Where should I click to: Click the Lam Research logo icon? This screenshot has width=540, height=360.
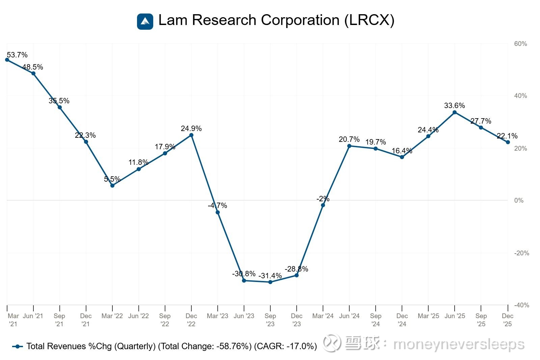pos(145,21)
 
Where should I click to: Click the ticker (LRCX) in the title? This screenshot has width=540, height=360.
pos(369,20)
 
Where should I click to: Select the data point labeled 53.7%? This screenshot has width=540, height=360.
pos(7,60)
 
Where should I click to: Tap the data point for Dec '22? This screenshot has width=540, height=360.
pos(191,135)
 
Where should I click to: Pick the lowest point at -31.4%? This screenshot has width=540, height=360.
pos(270,282)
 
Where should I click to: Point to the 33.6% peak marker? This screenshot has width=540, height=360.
pos(455,112)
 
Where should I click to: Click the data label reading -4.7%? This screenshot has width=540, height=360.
pos(217,205)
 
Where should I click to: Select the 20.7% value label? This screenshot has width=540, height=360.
pos(349,139)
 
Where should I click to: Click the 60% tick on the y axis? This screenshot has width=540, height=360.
pos(520,44)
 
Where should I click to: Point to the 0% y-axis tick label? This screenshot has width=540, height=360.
pos(519,201)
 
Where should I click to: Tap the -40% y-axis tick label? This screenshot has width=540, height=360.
pos(521,305)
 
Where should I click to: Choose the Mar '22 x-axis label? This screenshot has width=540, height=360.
pos(112,316)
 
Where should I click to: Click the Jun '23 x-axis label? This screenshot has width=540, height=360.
pos(244,316)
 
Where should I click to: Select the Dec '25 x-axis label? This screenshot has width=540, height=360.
pos(507,320)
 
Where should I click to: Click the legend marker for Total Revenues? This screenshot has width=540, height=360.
pos(18,346)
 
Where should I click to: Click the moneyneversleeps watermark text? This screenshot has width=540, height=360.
pos(459,344)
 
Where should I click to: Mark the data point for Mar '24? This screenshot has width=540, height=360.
pos(323,205)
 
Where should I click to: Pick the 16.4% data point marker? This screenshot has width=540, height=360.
pos(402,157)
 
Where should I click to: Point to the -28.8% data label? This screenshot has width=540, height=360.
pos(296,269)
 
